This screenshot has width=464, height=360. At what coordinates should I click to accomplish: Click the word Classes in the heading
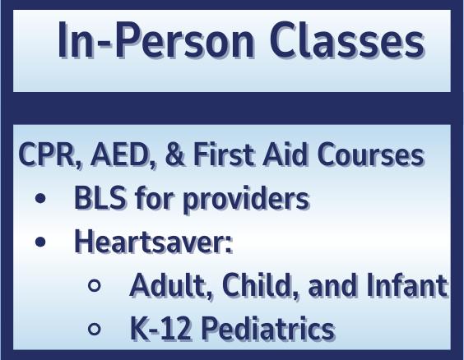pos(347,40)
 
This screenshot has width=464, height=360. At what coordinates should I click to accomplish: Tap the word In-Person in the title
pos(156,40)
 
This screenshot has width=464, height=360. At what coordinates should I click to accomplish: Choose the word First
pos(224,154)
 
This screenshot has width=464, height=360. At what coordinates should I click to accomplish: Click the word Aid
pos(285,154)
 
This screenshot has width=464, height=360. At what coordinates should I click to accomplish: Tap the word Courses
pos(370,155)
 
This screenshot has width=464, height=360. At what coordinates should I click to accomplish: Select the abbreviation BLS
pos(100,198)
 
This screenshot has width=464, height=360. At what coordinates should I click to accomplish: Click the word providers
pos(246,200)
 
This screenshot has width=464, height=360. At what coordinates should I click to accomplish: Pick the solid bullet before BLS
pos(40,198)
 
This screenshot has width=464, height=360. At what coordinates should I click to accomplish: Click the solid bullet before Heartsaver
pos(40,242)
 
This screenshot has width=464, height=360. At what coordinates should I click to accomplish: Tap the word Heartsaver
pos(154,241)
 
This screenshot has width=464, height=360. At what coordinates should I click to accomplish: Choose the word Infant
pos(407,284)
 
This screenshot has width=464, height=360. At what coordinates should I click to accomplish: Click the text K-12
pos(160,329)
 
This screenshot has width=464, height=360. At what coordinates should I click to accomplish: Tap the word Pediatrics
pos(268,329)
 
